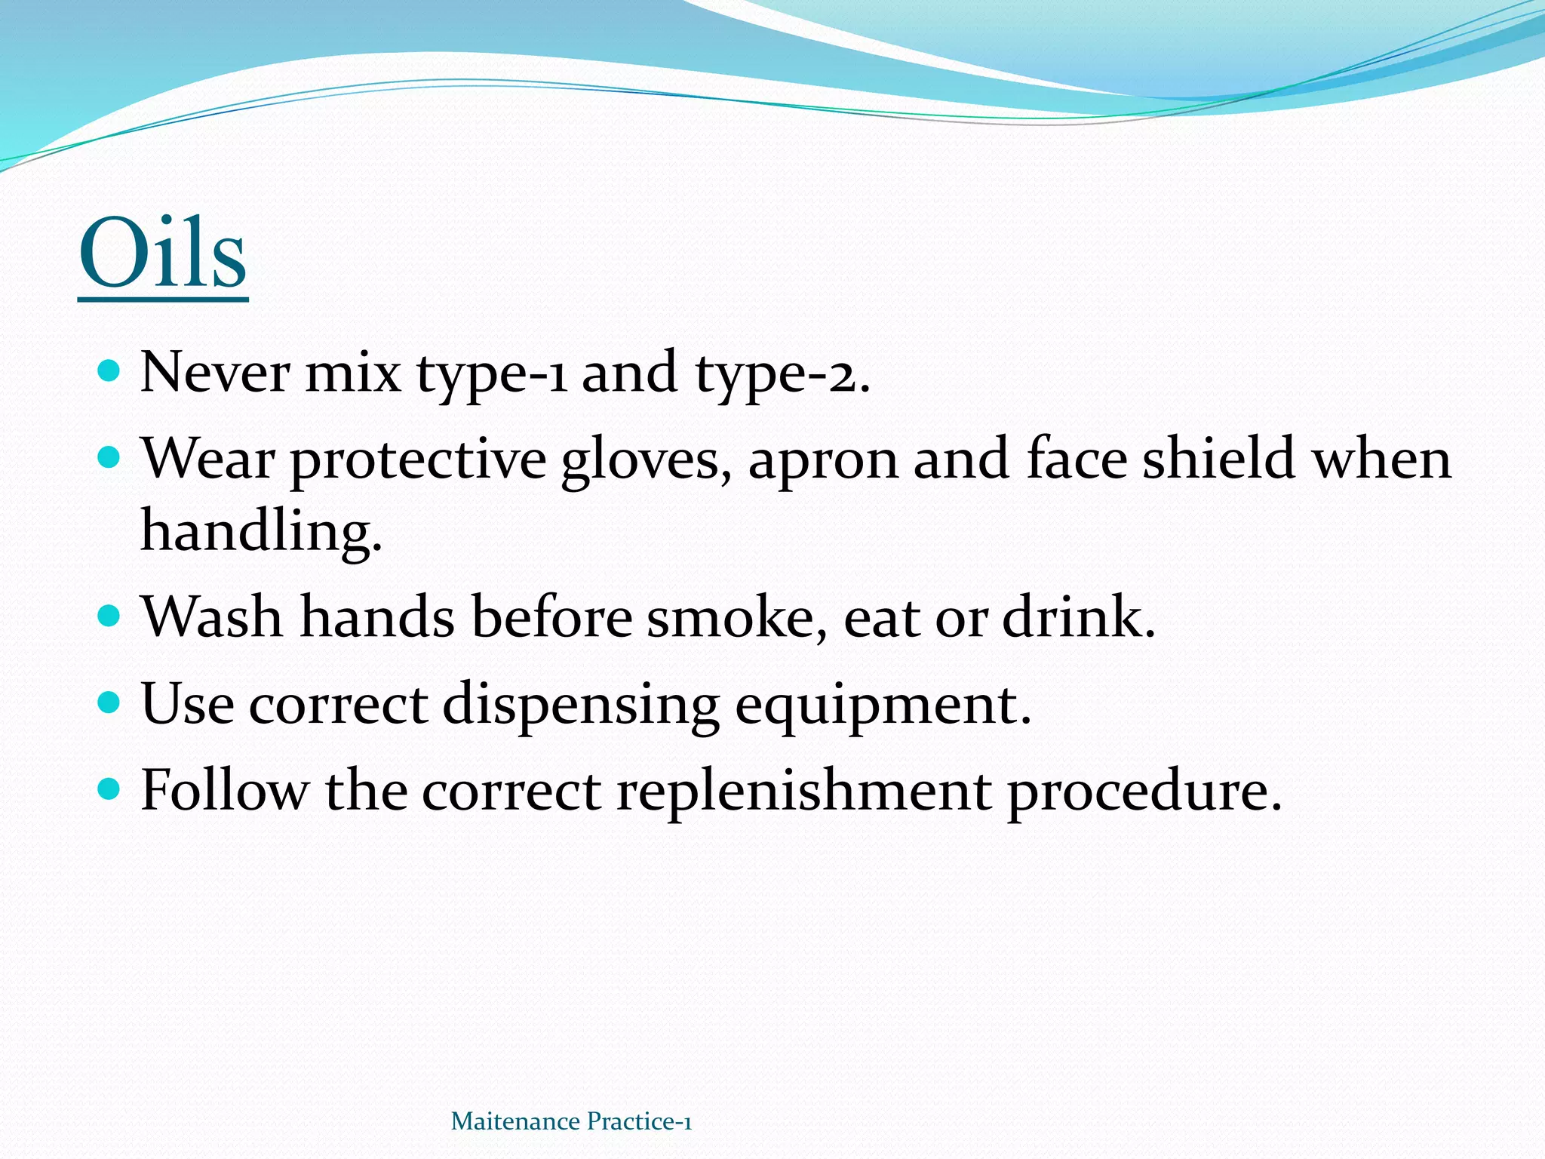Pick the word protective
coord(419,460)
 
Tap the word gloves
coord(646,460)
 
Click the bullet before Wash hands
coord(109,616)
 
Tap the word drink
coord(1079,617)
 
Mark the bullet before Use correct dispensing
coord(109,703)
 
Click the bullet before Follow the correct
coord(109,789)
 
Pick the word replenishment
coord(804,792)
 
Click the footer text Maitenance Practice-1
coord(571,1121)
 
